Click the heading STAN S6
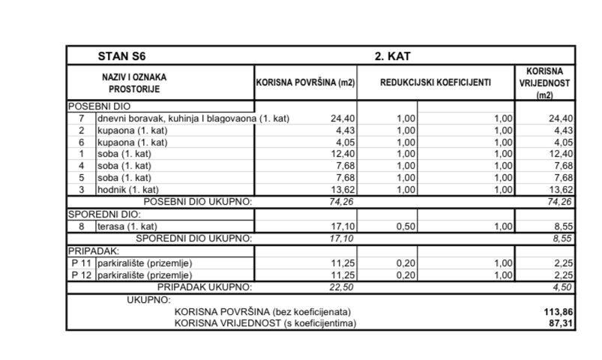click(121, 56)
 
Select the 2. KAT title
click(392, 56)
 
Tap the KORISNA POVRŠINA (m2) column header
click(305, 82)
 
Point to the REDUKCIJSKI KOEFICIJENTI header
click(436, 82)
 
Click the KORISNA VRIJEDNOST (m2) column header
click(544, 82)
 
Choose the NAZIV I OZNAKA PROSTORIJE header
click(135, 82)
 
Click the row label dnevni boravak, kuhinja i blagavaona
click(177, 118)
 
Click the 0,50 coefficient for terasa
click(404, 226)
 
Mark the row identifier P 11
click(81, 262)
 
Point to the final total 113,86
click(558, 311)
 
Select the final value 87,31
click(561, 323)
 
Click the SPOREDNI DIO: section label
click(96, 214)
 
